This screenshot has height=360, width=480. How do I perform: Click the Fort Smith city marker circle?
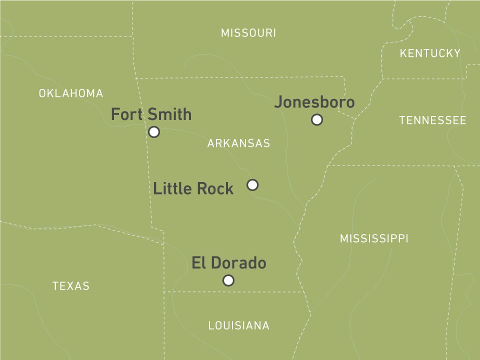tap(154, 132)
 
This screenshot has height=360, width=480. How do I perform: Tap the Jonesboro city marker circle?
tap(316, 119)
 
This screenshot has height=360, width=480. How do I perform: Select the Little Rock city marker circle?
tap(252, 185)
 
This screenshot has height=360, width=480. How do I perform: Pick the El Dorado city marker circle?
tap(228, 280)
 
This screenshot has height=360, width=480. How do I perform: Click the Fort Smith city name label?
tap(151, 114)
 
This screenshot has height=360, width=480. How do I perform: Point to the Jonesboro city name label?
tap(314, 102)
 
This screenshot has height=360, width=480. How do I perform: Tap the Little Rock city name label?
tap(193, 188)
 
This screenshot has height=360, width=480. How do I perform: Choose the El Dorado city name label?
tap(228, 262)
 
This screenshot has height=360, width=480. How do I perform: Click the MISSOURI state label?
tap(248, 33)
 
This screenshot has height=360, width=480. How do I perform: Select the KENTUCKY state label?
tap(430, 53)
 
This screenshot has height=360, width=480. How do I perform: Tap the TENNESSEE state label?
tap(432, 120)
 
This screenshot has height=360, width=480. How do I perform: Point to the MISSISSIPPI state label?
tap(374, 238)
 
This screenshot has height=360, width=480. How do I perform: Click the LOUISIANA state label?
tap(238, 325)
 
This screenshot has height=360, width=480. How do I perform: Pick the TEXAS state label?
tap(71, 286)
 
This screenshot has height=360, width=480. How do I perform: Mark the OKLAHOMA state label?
tap(71, 93)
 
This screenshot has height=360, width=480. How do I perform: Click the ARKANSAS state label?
tap(238, 143)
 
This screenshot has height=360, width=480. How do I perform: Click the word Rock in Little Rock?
tap(214, 188)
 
